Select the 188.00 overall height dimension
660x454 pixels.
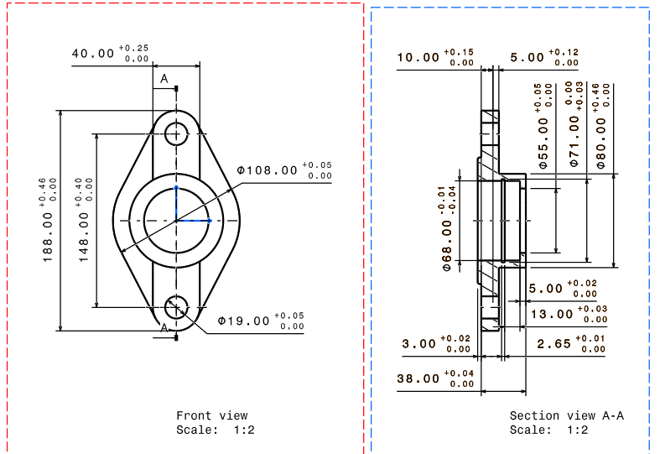pyautogui.click(x=49, y=221)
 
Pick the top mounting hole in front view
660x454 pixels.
pyautogui.click(x=176, y=133)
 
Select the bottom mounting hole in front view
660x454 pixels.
pyautogui.click(x=176, y=307)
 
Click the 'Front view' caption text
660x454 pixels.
pyautogui.click(x=211, y=415)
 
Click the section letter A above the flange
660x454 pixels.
pyautogui.click(x=164, y=79)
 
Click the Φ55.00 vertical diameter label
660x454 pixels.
pyautogui.click(x=544, y=134)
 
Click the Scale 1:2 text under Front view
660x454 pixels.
pyautogui.click(x=215, y=430)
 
